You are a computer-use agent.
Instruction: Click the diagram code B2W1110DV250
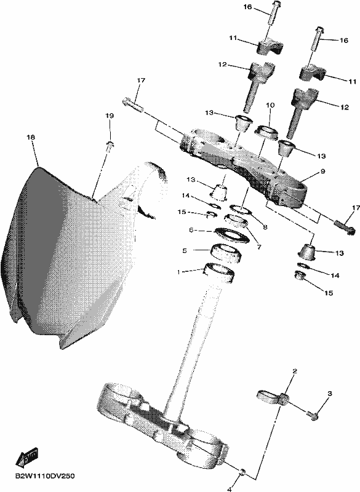point(45,476)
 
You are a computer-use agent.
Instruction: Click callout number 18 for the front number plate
point(31,137)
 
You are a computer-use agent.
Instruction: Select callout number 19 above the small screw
point(109,116)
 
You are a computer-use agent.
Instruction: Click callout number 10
point(270,105)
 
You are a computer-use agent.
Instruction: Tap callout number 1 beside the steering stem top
point(178,272)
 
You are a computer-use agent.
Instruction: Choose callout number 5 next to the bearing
point(185,250)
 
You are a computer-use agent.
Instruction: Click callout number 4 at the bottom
point(230,489)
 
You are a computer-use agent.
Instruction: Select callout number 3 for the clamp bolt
point(330,393)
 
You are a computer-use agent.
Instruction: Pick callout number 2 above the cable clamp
point(294,371)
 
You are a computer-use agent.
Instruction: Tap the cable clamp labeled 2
point(273,396)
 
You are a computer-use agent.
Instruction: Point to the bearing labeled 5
point(225,252)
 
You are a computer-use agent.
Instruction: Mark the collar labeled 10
point(266,131)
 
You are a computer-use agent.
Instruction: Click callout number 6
point(191,230)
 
